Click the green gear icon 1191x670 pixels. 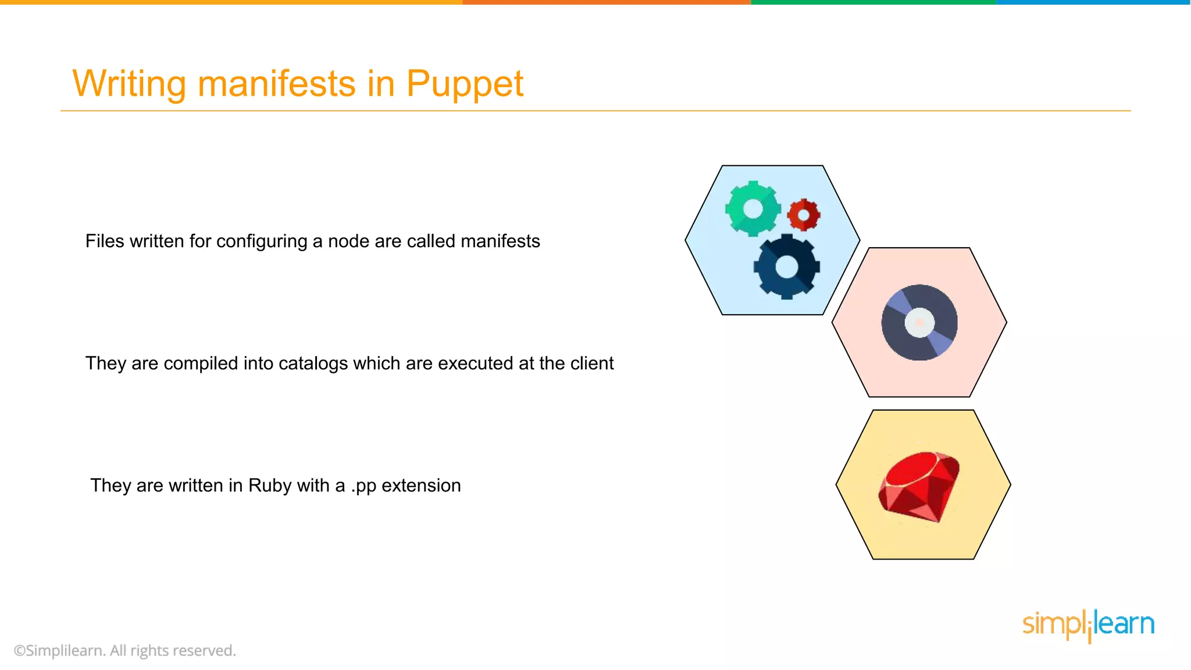pos(753,209)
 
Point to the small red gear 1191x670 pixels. pos(804,215)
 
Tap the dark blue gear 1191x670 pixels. pos(787,267)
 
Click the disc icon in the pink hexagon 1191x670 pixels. pos(919,322)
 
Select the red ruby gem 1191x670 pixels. pos(919,486)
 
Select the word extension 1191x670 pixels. pos(421,486)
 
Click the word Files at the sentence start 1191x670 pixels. pos(105,241)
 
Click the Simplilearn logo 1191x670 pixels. pos(1087,625)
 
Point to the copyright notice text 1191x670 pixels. pos(125,650)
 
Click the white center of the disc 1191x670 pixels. pos(919,322)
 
